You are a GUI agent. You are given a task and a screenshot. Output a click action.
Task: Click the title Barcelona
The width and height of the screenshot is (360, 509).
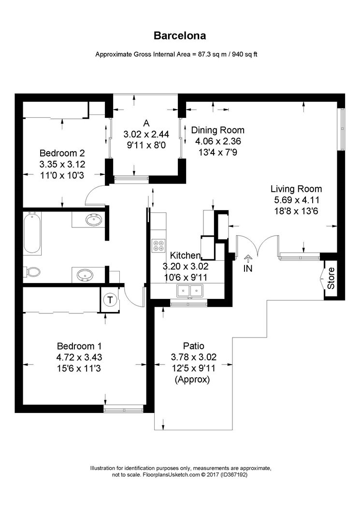point(180,35)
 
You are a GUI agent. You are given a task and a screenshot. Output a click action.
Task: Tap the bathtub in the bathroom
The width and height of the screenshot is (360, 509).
point(32,233)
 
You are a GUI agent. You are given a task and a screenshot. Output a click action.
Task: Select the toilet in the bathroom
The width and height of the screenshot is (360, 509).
point(32,272)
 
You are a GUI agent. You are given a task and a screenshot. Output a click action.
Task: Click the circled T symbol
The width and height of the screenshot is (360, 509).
point(111,300)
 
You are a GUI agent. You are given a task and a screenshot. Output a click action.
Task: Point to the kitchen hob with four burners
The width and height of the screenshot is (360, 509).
point(158,245)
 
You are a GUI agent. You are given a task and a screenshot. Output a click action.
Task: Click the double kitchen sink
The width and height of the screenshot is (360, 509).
point(189,290)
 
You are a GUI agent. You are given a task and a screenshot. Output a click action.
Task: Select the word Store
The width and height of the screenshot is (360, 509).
point(331,278)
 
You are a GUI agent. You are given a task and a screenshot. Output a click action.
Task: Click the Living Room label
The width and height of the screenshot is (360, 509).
point(296,189)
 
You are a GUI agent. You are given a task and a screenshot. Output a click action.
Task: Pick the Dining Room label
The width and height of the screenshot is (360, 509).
point(217,130)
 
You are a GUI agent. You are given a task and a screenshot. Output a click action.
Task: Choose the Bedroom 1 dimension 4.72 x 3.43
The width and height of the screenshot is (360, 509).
point(79,358)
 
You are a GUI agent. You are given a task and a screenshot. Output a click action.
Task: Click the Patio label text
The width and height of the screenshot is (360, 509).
point(193,346)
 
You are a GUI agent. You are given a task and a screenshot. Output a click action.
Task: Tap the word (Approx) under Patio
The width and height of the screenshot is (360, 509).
point(192,380)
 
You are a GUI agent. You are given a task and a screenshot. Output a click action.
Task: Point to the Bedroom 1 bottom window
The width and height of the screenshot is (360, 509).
point(124,410)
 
